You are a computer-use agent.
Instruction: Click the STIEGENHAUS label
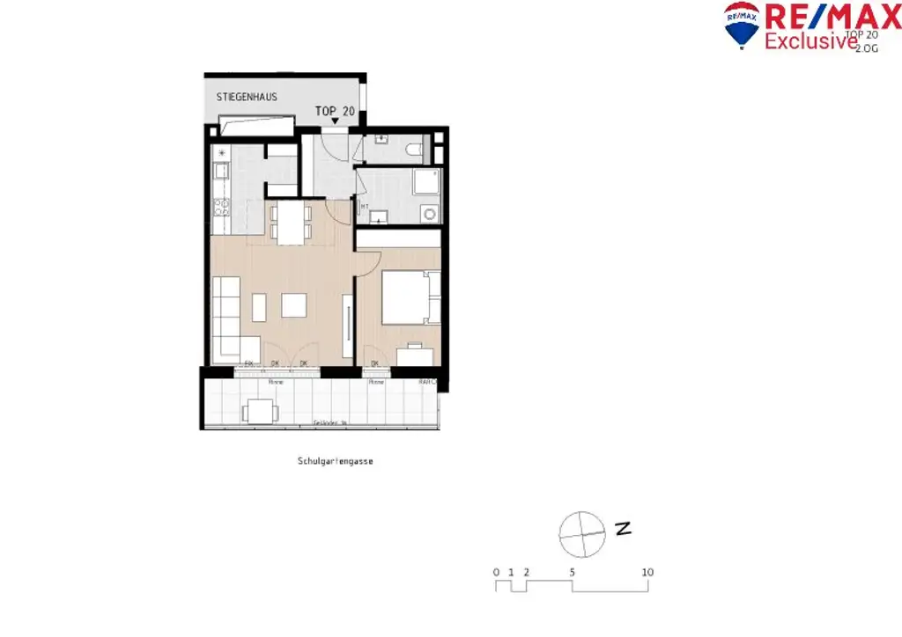(x=247, y=97)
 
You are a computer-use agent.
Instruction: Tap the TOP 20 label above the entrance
(x=335, y=111)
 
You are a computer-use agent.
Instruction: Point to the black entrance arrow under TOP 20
(x=335, y=121)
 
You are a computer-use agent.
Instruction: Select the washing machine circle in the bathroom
(x=429, y=213)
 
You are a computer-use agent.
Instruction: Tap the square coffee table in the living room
(x=293, y=305)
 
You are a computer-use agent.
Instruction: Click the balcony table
(x=261, y=410)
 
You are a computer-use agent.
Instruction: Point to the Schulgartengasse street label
(x=335, y=460)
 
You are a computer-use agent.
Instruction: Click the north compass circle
(x=582, y=533)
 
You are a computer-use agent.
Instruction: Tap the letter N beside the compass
(x=625, y=529)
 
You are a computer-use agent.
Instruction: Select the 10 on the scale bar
(x=647, y=572)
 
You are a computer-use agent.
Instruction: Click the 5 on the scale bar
(x=573, y=572)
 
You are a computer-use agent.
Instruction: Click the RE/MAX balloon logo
(x=742, y=23)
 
